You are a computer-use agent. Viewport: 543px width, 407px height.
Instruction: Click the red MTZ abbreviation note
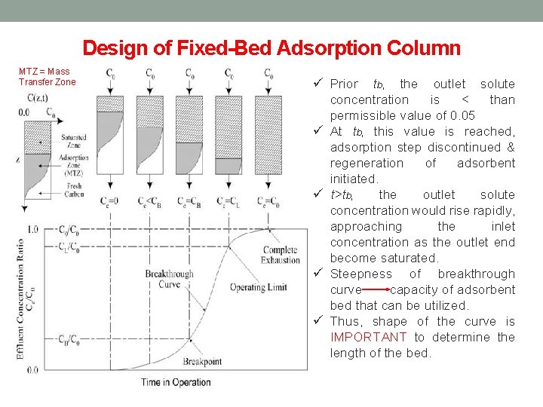[47, 77]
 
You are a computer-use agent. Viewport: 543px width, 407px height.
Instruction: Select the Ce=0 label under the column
[111, 201]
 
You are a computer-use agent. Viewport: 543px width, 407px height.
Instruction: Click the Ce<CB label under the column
[149, 201]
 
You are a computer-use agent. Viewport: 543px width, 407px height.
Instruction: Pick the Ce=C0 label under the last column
[268, 201]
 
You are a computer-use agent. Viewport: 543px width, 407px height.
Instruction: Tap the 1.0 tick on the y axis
[32, 229]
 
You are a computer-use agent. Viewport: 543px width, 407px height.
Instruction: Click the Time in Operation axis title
[176, 382]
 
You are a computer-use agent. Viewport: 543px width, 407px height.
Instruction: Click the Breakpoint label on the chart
[202, 362]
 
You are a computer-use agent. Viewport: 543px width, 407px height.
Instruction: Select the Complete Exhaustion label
[281, 255]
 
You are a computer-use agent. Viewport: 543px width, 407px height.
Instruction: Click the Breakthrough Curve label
[170, 279]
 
